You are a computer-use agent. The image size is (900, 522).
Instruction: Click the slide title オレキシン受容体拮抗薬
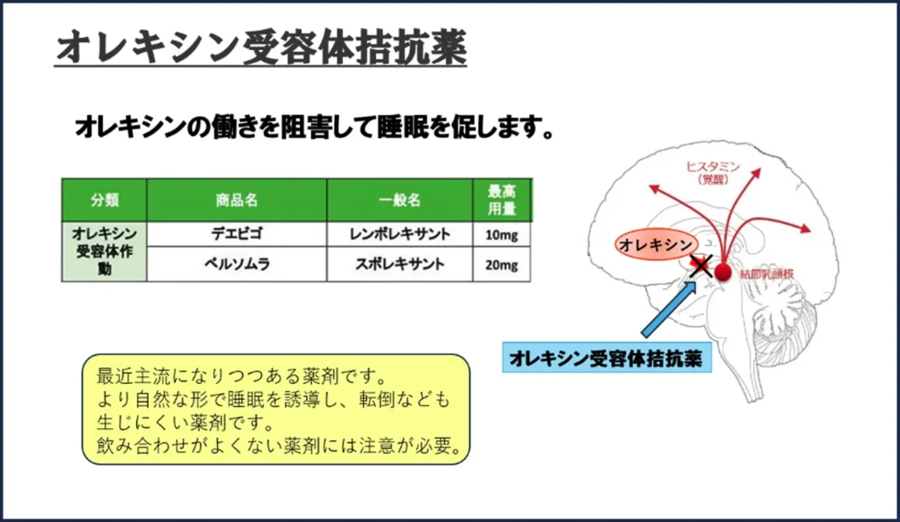(x=261, y=47)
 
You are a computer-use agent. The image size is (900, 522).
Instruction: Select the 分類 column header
(x=104, y=199)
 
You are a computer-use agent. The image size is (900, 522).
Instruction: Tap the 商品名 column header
(x=236, y=199)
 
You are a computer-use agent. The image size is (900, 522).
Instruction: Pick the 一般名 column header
(x=400, y=199)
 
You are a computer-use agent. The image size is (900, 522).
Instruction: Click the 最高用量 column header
(x=502, y=199)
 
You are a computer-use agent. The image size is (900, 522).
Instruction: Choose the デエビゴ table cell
(x=236, y=234)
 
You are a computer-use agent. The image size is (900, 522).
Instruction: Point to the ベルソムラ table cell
(x=236, y=264)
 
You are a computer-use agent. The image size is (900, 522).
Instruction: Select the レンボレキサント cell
(x=400, y=234)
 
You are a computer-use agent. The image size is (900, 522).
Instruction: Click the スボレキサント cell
(x=400, y=264)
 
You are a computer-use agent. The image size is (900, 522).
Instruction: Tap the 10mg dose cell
(x=502, y=235)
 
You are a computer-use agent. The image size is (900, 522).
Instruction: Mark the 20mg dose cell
(x=502, y=265)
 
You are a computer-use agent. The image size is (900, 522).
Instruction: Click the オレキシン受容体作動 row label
(x=104, y=250)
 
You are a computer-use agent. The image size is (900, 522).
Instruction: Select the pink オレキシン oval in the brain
(x=655, y=243)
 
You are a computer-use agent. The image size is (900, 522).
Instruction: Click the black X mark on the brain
(x=700, y=265)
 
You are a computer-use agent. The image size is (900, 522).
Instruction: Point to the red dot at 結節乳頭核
(x=722, y=272)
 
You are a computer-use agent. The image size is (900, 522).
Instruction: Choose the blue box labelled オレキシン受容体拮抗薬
(x=606, y=359)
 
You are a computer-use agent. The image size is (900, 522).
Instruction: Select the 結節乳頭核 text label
(x=768, y=274)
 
